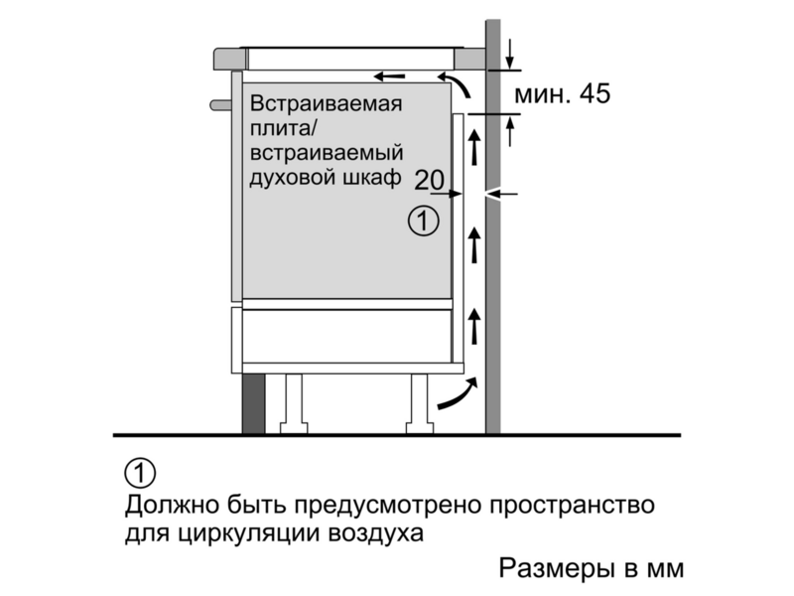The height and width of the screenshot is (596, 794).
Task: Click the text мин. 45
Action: [x=562, y=94]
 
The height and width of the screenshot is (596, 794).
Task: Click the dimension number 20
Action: [x=430, y=180]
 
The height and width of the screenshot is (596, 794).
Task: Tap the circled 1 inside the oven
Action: [x=424, y=222]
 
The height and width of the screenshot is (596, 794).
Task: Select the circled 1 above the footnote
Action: [x=140, y=474]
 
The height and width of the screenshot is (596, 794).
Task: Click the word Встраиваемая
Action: [x=327, y=104]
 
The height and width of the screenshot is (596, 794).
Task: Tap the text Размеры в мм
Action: [x=591, y=568]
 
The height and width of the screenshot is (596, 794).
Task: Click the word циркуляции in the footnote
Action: [x=243, y=534]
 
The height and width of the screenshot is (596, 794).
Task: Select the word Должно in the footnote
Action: [x=172, y=506]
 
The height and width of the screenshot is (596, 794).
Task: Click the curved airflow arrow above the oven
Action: [x=456, y=83]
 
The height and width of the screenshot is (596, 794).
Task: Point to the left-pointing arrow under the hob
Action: [x=389, y=76]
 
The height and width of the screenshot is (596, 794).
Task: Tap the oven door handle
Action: [x=220, y=105]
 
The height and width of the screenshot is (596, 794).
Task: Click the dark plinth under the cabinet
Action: [x=253, y=404]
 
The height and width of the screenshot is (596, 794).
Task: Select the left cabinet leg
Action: [x=294, y=404]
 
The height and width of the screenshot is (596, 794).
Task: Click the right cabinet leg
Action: [x=420, y=404]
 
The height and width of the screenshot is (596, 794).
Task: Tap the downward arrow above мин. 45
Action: [x=510, y=54]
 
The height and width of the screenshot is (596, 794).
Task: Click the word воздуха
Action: [x=376, y=534]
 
